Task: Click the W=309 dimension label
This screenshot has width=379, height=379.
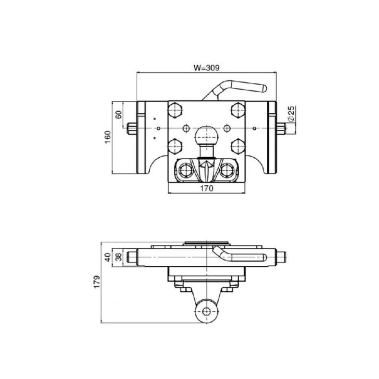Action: (207, 68)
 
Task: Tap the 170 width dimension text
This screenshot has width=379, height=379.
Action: (207, 188)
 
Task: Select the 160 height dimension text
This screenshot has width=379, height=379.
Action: (108, 137)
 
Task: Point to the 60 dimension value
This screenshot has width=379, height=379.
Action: (118, 114)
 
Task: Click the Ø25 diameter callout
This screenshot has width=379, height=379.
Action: (292, 114)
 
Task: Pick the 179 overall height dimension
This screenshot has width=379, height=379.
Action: (97, 281)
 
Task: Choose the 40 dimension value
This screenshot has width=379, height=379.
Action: (108, 257)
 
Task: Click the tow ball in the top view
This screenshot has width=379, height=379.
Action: (207, 135)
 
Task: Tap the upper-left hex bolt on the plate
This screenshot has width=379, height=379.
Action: (175, 110)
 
